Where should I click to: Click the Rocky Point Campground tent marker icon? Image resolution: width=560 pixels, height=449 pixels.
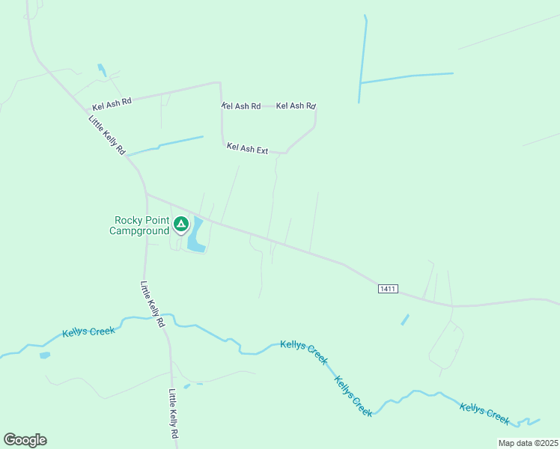pos(180,224)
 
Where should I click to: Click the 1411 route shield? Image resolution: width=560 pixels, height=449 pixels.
pos(387,288)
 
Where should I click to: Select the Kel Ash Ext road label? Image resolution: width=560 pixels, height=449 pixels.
pos(247,149)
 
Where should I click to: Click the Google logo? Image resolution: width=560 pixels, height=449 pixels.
pos(25,440)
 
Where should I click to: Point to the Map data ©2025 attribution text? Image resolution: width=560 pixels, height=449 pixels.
pos(528,443)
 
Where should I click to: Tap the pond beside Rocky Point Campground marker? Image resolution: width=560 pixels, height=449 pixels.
pos(196,235)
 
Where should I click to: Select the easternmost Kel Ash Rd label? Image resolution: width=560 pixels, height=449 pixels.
pos(296,106)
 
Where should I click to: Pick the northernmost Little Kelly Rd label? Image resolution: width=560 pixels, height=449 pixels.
pos(106,135)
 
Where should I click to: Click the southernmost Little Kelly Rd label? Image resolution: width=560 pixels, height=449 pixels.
pos(174,414)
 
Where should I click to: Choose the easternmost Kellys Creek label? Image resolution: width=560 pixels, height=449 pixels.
pos(484,413)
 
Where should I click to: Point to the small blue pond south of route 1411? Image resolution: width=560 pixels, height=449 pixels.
pos(405,320)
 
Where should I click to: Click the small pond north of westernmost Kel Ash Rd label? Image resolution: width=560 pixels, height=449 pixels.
pos(101,70)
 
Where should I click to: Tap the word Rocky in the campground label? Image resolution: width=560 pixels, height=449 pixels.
pos(129,220)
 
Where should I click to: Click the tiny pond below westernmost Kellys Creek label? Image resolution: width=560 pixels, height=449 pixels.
pos(45,355)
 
